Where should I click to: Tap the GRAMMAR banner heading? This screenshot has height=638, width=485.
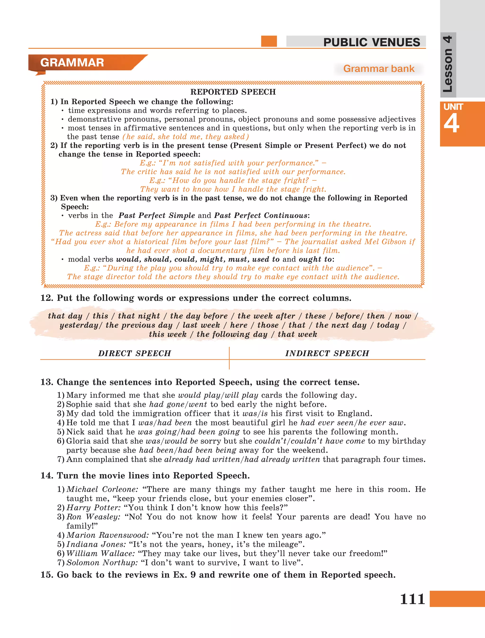coord(72,63)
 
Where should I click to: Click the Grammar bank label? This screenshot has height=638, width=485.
coord(378,69)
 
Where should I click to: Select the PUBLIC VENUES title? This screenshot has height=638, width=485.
coord(371,42)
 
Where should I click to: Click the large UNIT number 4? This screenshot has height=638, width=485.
coord(452,124)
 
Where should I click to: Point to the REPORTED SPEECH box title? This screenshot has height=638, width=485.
coord(233,92)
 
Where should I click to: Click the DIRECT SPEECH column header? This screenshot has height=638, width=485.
coord(135,353)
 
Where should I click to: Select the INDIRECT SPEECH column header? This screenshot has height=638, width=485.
coord(327,353)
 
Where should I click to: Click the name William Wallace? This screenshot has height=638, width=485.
coord(100,554)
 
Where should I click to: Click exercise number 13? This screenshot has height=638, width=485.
coord(47,382)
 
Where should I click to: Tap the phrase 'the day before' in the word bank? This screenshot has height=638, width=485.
coord(199,316)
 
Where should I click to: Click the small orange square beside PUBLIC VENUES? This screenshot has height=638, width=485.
coord(269,41)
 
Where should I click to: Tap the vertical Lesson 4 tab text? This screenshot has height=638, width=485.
coord(448,64)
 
